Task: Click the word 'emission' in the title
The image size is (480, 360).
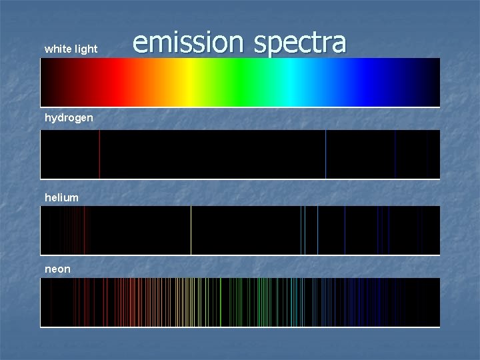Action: tap(188, 42)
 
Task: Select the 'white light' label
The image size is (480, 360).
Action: tap(71, 49)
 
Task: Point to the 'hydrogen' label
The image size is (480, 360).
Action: tap(69, 118)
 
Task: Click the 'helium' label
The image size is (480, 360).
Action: tap(61, 197)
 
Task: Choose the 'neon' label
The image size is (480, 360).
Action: tap(57, 269)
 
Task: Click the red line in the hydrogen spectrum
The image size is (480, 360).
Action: tap(99, 154)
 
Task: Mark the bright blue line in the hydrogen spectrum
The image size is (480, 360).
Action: tap(325, 154)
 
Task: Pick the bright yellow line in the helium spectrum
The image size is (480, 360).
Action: tap(191, 230)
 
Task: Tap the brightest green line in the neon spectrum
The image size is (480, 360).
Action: tap(221, 302)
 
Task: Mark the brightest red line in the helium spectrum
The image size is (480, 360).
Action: tap(84, 230)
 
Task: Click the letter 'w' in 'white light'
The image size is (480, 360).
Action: tap(48, 49)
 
